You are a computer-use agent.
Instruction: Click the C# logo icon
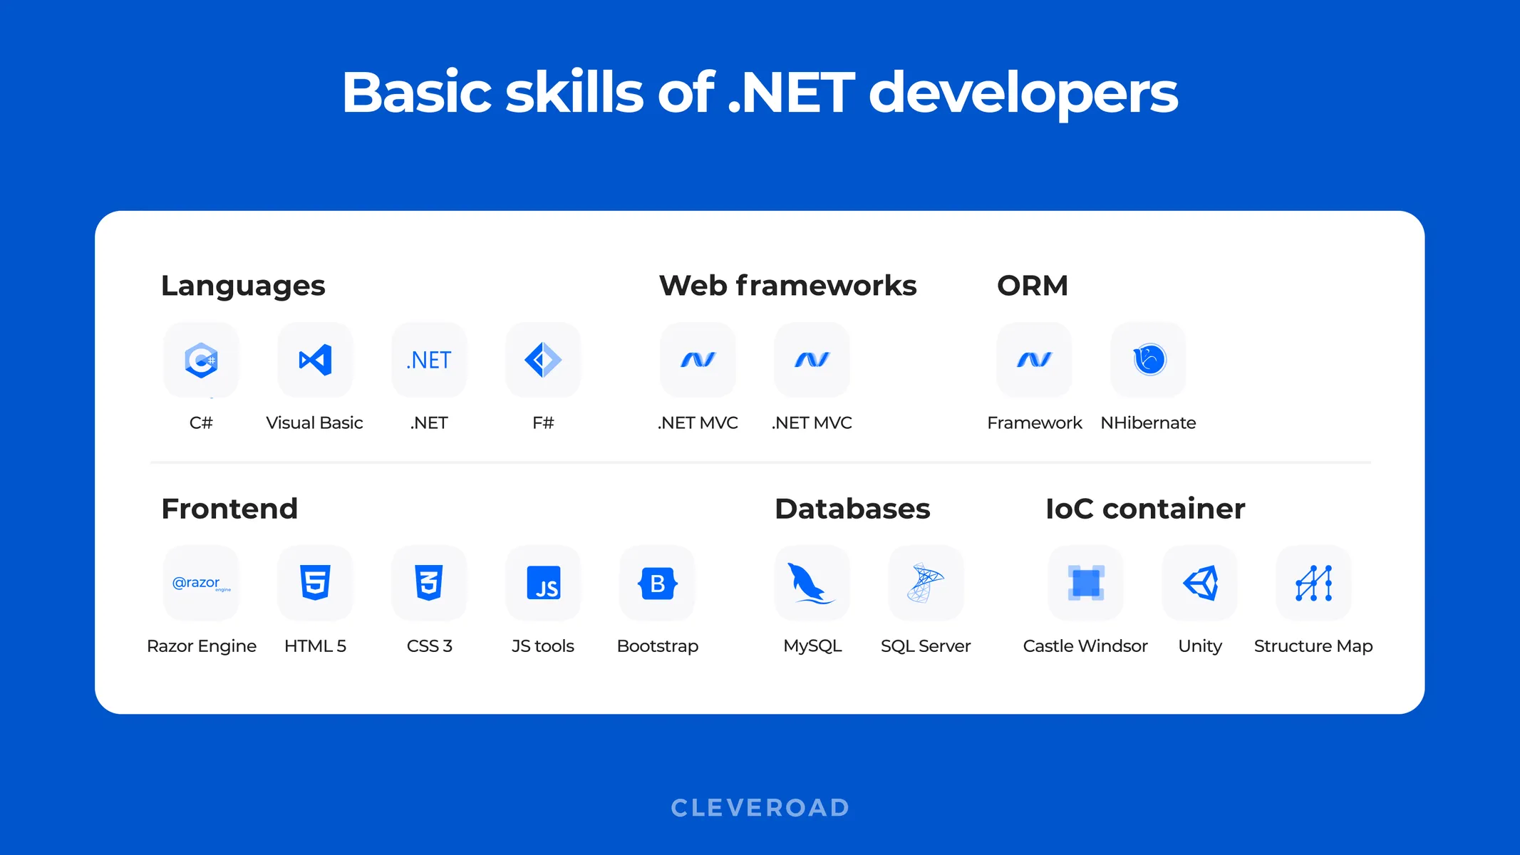(201, 360)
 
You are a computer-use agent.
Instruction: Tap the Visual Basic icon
(315, 360)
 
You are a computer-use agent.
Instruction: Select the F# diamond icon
(543, 360)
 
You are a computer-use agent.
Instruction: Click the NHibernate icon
(1149, 360)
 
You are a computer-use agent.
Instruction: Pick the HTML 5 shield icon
(315, 583)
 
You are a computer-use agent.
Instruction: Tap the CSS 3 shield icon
(429, 583)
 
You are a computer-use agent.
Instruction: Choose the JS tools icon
(543, 583)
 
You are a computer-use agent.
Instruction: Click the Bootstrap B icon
(657, 583)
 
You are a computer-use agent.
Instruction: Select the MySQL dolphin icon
(812, 583)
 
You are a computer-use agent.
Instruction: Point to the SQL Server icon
(926, 583)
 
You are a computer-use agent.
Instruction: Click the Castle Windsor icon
(1085, 583)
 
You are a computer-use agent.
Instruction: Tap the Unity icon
(1200, 583)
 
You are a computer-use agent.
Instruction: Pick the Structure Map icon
(1313, 583)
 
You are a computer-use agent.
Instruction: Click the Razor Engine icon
(201, 583)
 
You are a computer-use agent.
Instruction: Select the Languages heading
(243, 286)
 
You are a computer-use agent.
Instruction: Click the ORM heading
(1033, 286)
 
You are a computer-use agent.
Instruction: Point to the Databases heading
(852, 509)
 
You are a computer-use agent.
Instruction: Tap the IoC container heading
(1145, 509)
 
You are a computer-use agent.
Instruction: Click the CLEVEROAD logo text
(760, 807)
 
